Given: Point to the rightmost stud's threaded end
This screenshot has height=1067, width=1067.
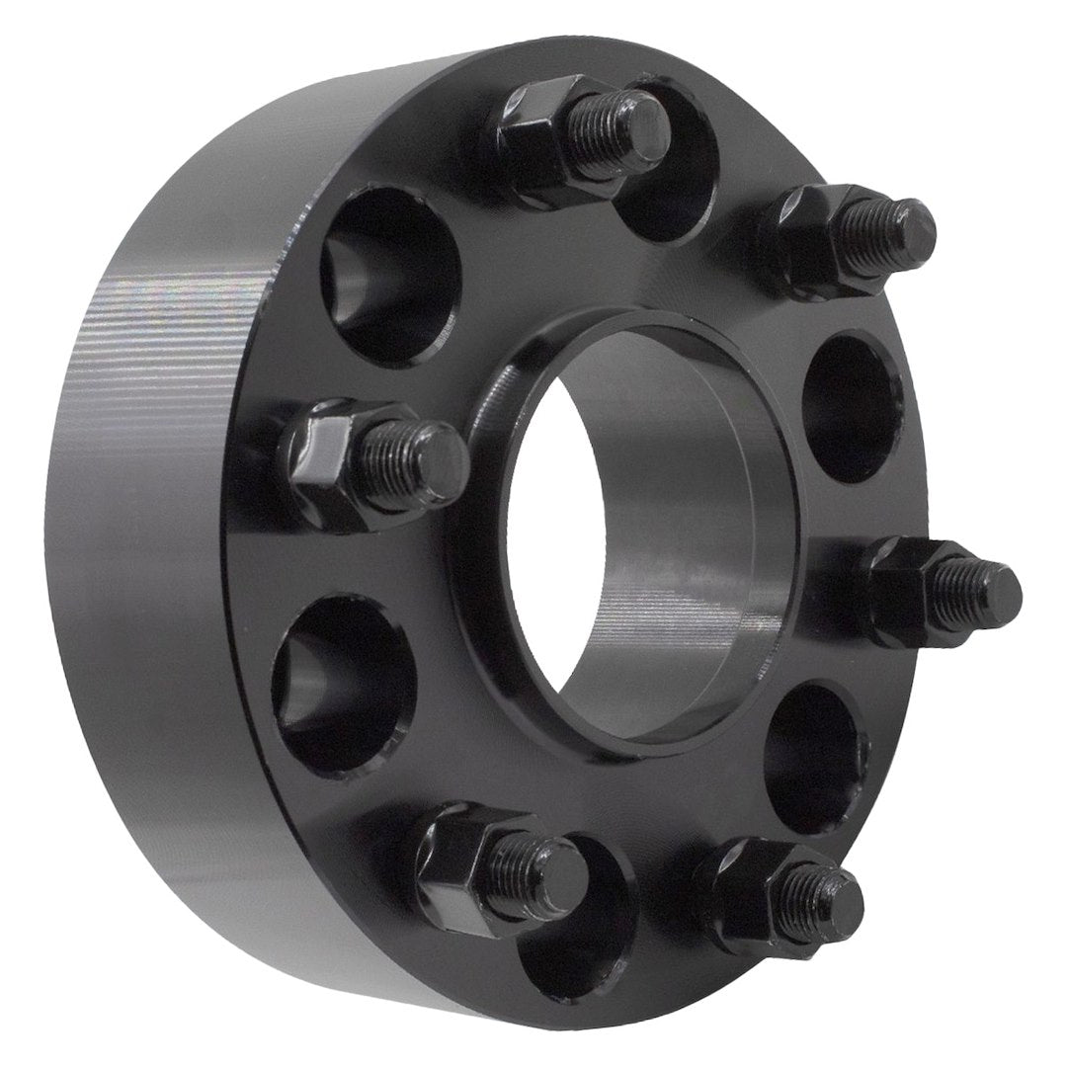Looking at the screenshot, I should [x=988, y=583].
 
